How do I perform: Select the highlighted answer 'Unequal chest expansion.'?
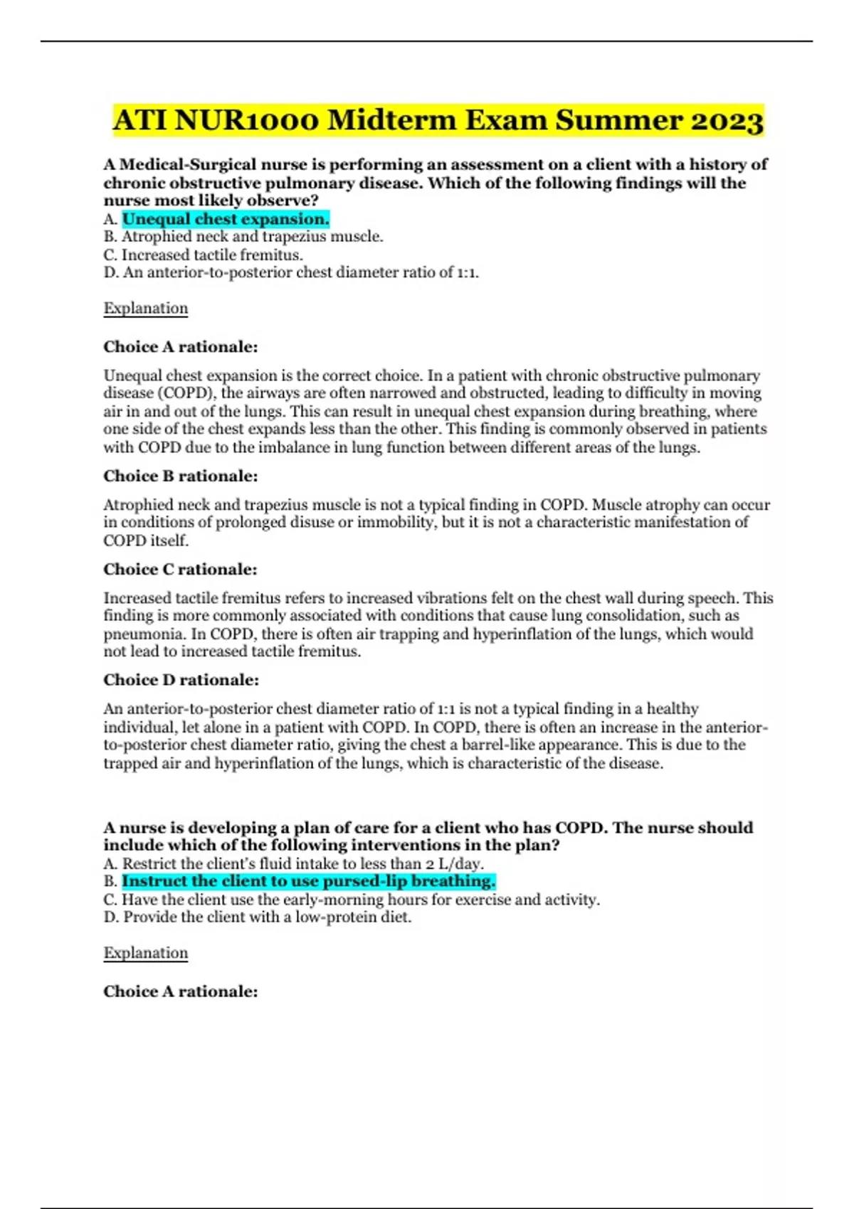tap(226, 219)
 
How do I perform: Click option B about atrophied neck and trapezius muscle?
tap(243, 237)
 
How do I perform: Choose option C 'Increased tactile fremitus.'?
tap(204, 255)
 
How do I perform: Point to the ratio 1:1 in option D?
tap(466, 272)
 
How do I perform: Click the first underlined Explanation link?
tap(146, 309)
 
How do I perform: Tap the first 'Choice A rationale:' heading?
tap(181, 347)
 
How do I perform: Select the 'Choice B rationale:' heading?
tap(181, 476)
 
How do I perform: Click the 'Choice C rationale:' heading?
tap(181, 569)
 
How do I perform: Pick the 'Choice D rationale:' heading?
tap(181, 680)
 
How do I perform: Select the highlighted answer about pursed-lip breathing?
tap(308, 881)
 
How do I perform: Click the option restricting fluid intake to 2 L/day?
tap(294, 863)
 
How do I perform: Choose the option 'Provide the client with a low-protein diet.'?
tap(258, 917)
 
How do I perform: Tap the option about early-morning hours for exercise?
tap(352, 900)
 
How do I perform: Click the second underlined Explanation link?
tap(146, 953)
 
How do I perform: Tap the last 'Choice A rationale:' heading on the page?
tap(181, 991)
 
